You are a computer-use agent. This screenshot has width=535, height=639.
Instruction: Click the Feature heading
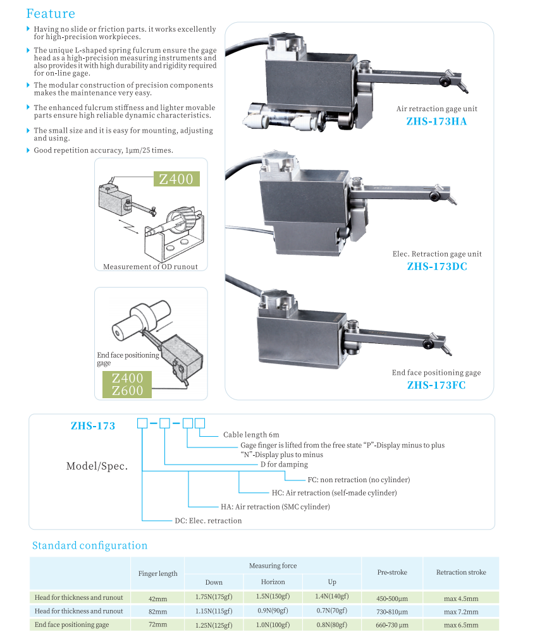tap(51, 13)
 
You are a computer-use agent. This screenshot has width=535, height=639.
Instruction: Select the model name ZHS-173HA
tap(436, 121)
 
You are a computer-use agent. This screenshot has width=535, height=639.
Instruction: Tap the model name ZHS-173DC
tap(437, 266)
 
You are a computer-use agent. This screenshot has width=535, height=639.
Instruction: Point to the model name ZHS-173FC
tap(436, 384)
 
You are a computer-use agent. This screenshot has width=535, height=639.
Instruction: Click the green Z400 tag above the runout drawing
tap(176, 179)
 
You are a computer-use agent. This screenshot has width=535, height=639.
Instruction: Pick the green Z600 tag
tap(127, 391)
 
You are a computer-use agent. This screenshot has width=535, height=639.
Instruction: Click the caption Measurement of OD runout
tap(151, 267)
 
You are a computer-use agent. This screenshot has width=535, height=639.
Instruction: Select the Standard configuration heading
tap(90, 545)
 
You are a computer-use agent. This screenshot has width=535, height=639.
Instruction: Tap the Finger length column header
tap(157, 573)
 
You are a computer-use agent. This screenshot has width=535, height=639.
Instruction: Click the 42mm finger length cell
tap(157, 597)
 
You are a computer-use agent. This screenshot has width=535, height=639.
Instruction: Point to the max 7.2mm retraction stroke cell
tap(460, 611)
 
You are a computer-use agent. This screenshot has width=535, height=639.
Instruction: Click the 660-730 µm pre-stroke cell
tap(392, 625)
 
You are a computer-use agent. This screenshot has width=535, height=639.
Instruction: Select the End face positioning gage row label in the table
tap(72, 624)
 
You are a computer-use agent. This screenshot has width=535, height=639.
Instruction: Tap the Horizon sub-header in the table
tap(273, 581)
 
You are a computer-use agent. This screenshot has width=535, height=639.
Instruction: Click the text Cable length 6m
tap(250, 435)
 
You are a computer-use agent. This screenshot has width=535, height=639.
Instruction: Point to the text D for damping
tap(284, 465)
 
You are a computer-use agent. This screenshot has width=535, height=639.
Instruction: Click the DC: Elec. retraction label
tap(208, 521)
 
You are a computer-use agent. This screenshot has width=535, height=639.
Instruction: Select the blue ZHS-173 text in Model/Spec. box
tap(93, 426)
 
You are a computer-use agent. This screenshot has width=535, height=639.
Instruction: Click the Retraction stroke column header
tap(461, 572)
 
